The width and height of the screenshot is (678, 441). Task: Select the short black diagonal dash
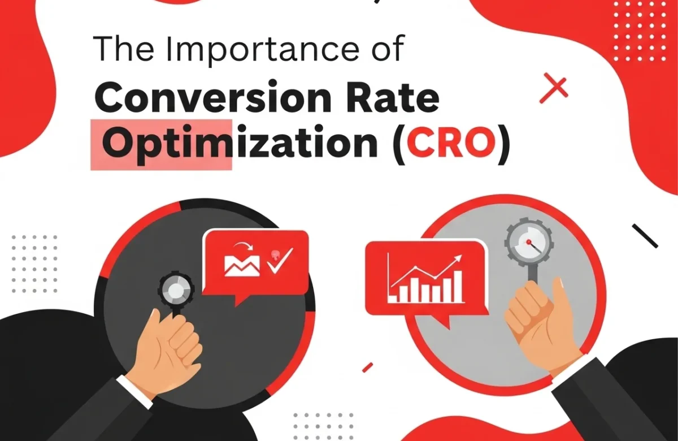click(645, 235)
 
